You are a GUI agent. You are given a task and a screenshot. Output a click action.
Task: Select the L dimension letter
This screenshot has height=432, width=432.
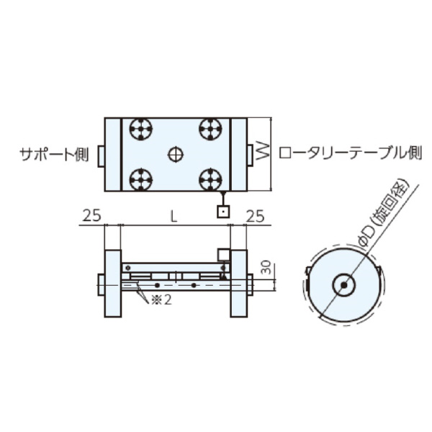click(173, 215)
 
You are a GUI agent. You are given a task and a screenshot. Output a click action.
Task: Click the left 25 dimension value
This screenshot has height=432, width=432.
click(91, 215)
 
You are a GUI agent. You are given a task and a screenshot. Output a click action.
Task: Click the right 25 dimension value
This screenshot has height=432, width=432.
click(256, 215)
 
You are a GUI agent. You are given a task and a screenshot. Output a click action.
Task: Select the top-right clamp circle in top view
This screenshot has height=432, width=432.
click(210, 130)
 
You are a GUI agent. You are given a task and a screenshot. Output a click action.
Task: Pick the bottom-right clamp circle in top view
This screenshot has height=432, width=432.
click(210, 177)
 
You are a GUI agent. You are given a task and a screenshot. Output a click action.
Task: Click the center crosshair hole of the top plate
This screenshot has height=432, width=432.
click(175, 153)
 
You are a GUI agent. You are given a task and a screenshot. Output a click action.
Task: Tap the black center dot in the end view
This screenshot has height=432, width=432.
click(344, 284)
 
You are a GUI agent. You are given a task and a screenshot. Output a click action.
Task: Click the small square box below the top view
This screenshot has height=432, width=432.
click(223, 212)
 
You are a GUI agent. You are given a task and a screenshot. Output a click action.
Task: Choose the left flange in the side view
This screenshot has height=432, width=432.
click(114, 284)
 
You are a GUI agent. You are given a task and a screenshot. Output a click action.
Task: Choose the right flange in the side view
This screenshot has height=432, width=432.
click(238, 284)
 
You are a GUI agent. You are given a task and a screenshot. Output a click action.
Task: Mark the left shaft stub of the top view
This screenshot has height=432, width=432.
click(100, 153)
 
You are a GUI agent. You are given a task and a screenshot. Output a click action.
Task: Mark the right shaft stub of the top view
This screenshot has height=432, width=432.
click(251, 153)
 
